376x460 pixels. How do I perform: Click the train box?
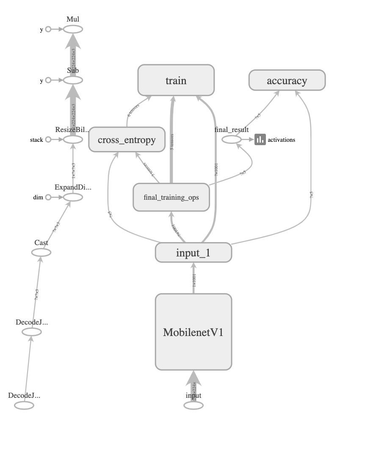pos(176,80)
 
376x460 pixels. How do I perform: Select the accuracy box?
pos(287,80)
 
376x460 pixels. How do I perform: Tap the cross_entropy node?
pos(127,140)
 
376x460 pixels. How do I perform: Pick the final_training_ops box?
pos(171,197)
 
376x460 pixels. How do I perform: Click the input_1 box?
pos(193,253)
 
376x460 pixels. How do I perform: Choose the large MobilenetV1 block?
pos(193,332)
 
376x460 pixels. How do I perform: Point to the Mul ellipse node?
pos(73,29)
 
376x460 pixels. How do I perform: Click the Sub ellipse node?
pos(73,80)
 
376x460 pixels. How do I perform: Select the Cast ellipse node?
pos(41,253)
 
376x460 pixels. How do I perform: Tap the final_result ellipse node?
pos(232,139)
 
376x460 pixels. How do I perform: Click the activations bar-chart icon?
pos(260,139)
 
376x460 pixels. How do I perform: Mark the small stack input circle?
pos(48,139)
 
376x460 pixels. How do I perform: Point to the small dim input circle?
pos(48,197)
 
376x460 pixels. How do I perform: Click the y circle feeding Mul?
pos(48,29)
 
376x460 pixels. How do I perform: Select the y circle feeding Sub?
pos(48,80)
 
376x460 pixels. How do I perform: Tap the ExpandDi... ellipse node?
pos(73,197)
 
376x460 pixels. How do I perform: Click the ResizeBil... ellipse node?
pos(73,139)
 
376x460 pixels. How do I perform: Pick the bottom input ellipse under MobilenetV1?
pos(193,405)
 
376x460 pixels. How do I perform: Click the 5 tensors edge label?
pos(172,142)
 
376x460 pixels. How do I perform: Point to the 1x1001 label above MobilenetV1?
pos(194,280)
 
